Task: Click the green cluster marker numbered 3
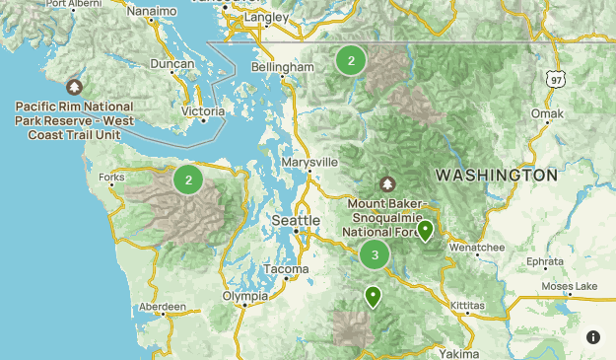[375, 254]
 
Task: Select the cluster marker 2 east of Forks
[188, 180]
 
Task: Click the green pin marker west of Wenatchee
[425, 231]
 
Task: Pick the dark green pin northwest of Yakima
[373, 295]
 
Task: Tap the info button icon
[593, 337]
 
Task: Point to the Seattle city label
[296, 219]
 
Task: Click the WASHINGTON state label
[497, 175]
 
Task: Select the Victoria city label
[203, 111]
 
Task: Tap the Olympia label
[244, 296]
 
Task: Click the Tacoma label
[287, 269]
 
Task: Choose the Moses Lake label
[569, 286]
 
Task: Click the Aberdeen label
[163, 308]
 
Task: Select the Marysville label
[309, 161]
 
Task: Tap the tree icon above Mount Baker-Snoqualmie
[387, 183]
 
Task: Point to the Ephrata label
[544, 262]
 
